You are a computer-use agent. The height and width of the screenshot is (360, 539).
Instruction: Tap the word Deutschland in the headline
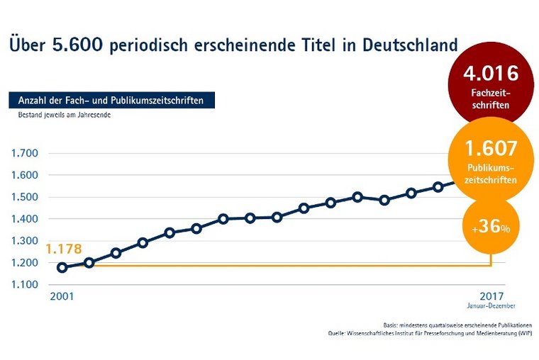click(x=412, y=45)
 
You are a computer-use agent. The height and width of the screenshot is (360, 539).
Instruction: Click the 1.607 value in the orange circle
click(x=491, y=149)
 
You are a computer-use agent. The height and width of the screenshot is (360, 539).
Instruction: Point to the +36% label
click(x=491, y=228)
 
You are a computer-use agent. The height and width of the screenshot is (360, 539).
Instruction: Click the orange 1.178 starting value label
click(x=63, y=249)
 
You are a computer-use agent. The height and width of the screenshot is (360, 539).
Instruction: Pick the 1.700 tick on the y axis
click(x=24, y=153)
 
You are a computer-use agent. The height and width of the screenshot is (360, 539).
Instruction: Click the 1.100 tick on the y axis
click(x=24, y=285)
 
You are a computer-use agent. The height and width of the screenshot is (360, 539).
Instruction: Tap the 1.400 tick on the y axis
click(x=24, y=219)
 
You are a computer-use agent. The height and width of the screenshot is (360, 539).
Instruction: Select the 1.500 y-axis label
click(x=24, y=197)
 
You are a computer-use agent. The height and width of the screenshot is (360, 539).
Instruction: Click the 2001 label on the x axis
click(x=61, y=296)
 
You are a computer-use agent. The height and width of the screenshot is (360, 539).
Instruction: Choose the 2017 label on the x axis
click(x=491, y=296)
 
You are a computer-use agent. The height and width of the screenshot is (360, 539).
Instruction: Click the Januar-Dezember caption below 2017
click(x=491, y=306)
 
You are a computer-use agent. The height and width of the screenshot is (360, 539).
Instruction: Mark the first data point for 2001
click(x=62, y=267)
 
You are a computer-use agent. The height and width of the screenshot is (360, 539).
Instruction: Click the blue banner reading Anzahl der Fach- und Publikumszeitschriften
click(x=111, y=101)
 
